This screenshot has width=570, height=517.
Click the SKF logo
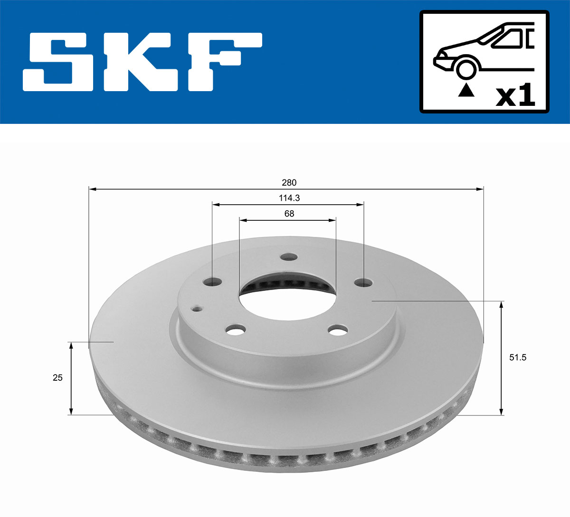(142, 62)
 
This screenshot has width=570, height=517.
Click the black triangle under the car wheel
(466, 90)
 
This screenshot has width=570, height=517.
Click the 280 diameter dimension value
(289, 183)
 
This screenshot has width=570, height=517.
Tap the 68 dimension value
(289, 214)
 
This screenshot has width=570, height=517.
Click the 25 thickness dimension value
(57, 378)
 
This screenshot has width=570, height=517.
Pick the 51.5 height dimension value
(517, 357)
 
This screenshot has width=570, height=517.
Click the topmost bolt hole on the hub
(288, 257)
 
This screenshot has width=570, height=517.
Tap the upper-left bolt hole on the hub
(212, 282)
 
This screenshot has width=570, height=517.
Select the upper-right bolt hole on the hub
(364, 283)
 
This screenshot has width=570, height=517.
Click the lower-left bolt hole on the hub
(236, 329)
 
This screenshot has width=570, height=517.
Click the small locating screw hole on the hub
(197, 309)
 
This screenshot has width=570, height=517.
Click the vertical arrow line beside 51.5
(501, 357)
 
